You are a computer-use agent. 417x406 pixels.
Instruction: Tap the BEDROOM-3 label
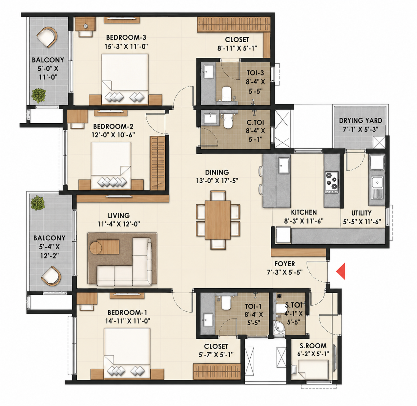126,37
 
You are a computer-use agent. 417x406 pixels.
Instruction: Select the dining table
218,220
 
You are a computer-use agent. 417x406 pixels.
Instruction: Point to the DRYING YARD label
361,120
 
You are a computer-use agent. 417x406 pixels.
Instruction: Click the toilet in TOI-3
226,94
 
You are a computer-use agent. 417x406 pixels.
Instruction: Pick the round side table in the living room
96,248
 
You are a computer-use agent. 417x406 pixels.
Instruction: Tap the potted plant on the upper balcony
39,95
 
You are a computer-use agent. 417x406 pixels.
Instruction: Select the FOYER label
285,264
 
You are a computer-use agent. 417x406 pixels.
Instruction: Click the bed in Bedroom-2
111,166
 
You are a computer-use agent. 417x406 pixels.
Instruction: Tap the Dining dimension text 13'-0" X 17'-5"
217,181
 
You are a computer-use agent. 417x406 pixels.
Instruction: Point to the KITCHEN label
303,212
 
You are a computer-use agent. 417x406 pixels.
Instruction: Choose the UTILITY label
361,213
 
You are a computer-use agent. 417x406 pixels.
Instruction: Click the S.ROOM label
313,346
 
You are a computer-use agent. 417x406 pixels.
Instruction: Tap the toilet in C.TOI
228,121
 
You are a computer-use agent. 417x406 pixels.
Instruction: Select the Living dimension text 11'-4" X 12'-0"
119,224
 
